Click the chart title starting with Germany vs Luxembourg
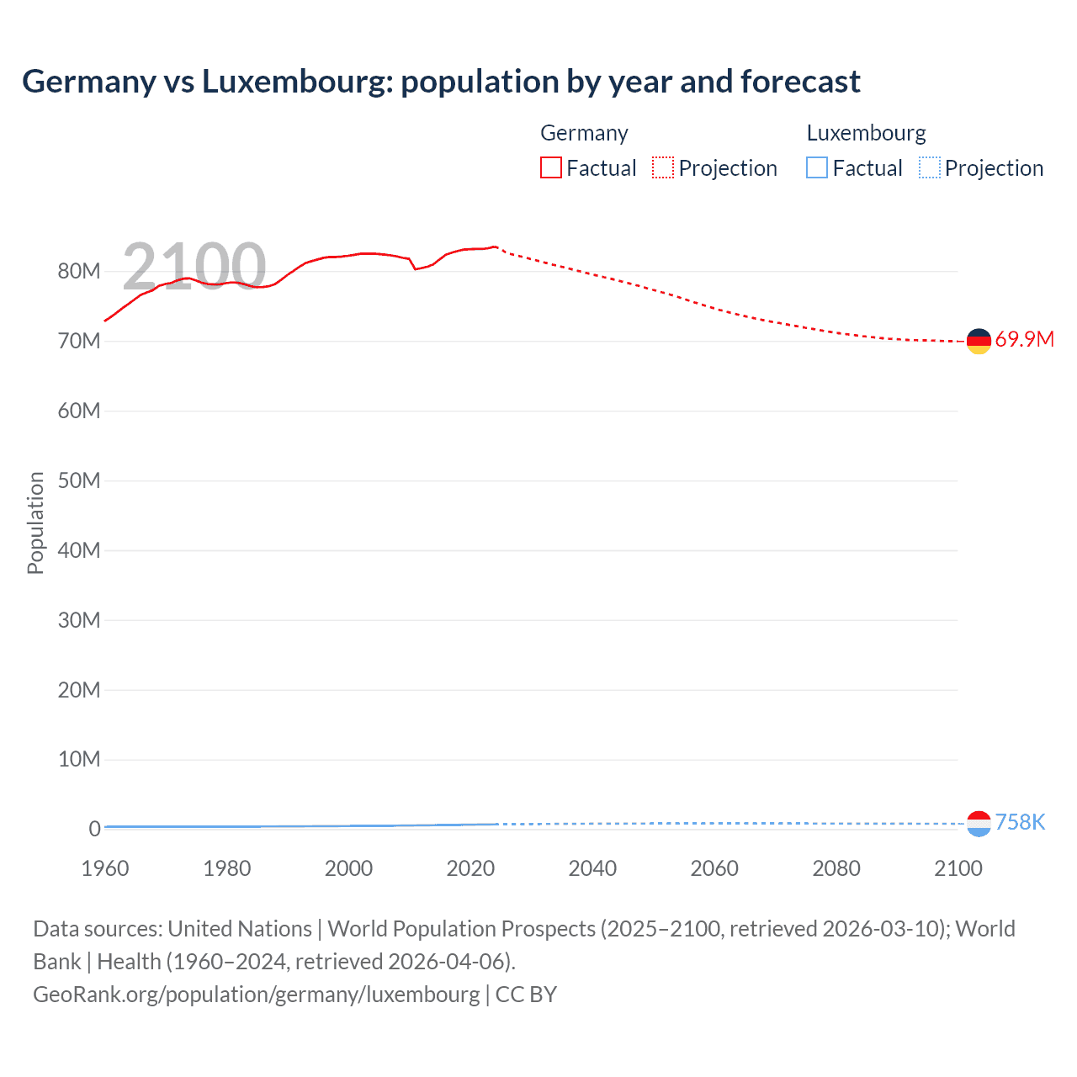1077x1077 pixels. point(441,82)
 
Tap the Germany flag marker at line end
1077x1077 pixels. point(979,341)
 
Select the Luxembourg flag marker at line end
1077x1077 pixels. point(979,824)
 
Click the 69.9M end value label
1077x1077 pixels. point(1024,340)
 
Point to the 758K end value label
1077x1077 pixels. point(1020,823)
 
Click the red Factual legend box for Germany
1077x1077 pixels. point(551,168)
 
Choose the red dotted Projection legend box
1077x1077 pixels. point(663,168)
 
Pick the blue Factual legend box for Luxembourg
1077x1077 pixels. point(817,168)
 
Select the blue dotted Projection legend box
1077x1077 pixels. point(930,168)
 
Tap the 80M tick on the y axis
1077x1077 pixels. point(79,272)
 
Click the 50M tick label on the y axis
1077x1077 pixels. point(79,481)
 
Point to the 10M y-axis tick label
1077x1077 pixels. point(79,760)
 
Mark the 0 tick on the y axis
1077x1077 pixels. point(94,830)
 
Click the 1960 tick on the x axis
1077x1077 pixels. point(105,868)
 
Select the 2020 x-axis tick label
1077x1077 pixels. point(470,868)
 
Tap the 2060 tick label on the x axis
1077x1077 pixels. point(714,868)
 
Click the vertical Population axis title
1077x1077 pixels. point(35,523)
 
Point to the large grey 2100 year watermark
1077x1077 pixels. point(194,266)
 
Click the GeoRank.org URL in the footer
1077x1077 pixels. point(256,995)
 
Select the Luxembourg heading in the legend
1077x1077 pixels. point(866,133)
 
